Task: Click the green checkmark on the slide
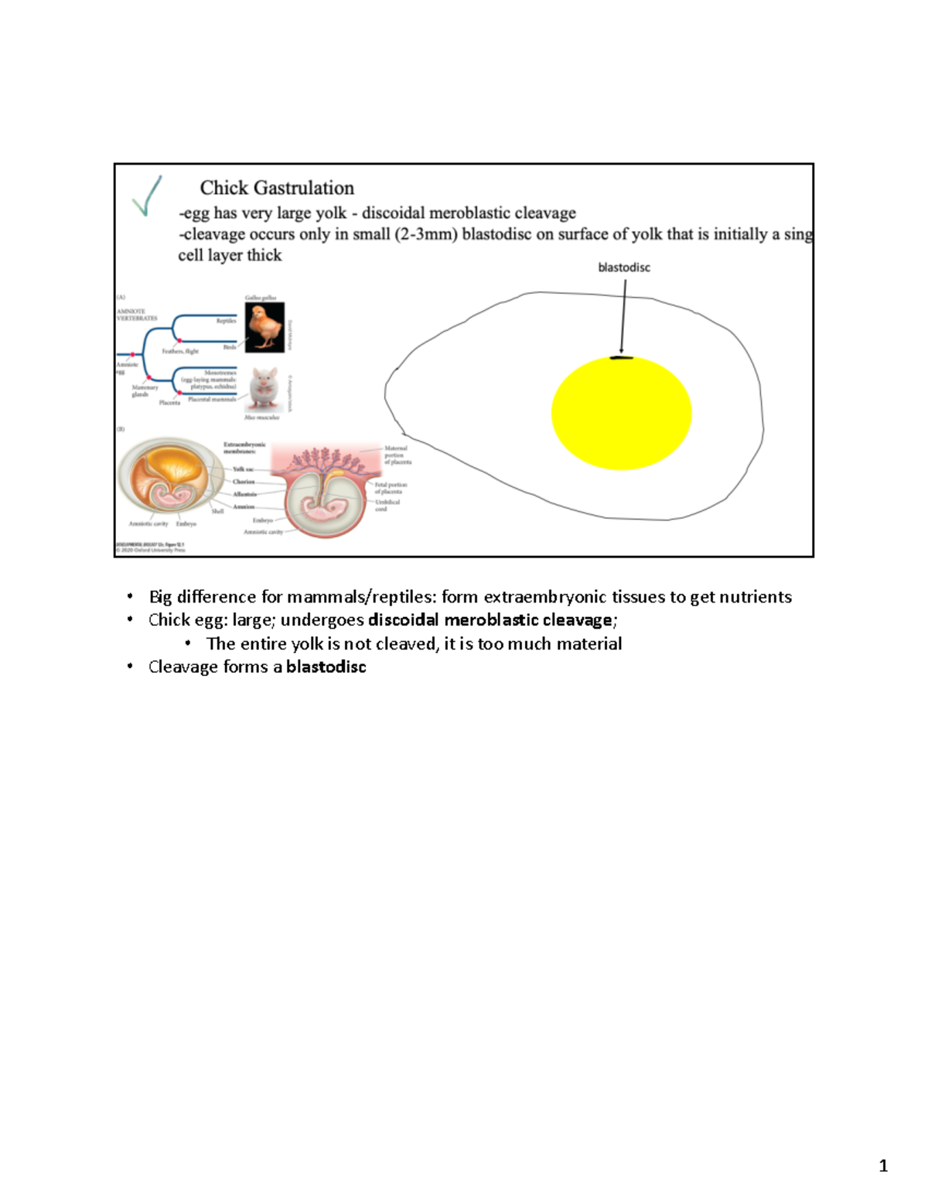click(147, 196)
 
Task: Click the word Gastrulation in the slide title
click(304, 188)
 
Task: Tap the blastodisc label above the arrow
click(624, 268)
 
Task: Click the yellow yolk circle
click(621, 414)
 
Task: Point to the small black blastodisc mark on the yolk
click(620, 358)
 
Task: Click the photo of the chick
click(264, 327)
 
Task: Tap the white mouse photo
click(264, 389)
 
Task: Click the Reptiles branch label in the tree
click(226, 321)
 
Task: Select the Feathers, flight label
click(180, 351)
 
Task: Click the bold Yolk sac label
click(244, 469)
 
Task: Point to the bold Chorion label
click(244, 482)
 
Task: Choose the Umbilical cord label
click(387, 505)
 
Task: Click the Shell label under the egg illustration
click(217, 511)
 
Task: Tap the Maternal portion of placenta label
click(397, 455)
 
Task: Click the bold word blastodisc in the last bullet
click(326, 667)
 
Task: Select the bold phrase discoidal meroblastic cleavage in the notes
click(490, 620)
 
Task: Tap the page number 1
click(883, 1166)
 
